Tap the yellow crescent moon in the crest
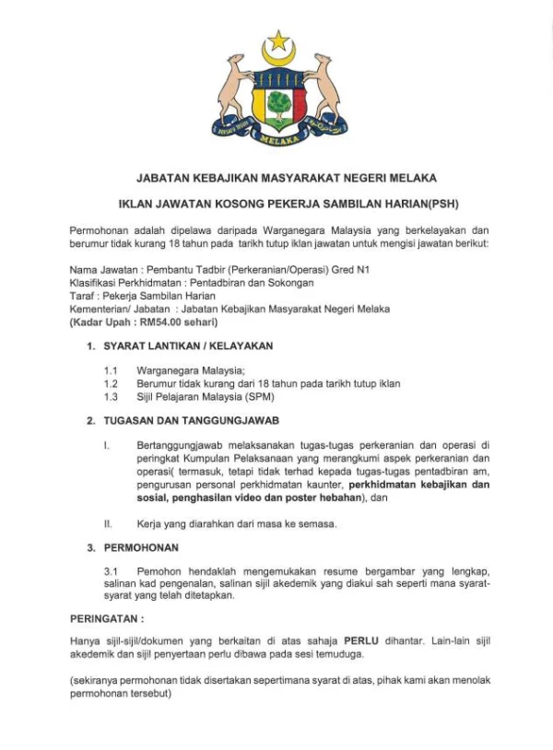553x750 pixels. pyautogui.click(x=276, y=57)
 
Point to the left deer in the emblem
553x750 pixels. pyautogui.click(x=233, y=92)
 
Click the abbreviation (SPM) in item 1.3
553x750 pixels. pyautogui.click(x=255, y=397)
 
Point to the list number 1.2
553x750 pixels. pyautogui.click(x=111, y=383)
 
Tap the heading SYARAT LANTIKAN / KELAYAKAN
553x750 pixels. pyautogui.click(x=188, y=347)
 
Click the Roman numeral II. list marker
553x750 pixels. pyautogui.click(x=108, y=524)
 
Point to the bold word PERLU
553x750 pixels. pyautogui.click(x=361, y=639)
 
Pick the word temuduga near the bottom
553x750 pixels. pyautogui.click(x=342, y=653)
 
